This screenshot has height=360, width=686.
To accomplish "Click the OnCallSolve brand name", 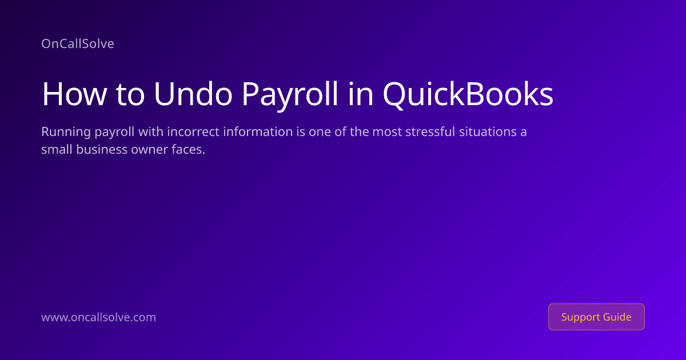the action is pyautogui.click(x=78, y=44).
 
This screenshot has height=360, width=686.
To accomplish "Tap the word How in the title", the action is pyautogui.click(x=74, y=94).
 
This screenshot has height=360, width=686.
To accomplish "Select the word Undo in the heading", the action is pyautogui.click(x=193, y=94).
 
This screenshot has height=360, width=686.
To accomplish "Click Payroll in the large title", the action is pyautogui.click(x=290, y=95).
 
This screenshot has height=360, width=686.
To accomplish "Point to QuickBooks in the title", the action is pyautogui.click(x=468, y=95).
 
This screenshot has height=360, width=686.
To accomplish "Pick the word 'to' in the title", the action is pyautogui.click(x=130, y=95).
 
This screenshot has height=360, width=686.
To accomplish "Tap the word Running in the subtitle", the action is pyautogui.click(x=66, y=132).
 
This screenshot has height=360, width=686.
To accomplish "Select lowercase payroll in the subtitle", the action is pyautogui.click(x=114, y=132).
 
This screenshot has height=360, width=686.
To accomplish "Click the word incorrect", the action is pyautogui.click(x=193, y=131).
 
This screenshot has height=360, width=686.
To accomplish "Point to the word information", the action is pyautogui.click(x=258, y=131).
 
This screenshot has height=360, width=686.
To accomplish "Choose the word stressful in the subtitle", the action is pyautogui.click(x=430, y=131).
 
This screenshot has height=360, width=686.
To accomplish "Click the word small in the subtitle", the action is pyautogui.click(x=57, y=149).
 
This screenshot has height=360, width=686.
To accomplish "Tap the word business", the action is pyautogui.click(x=102, y=149).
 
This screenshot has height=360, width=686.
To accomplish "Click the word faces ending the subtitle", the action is pyautogui.click(x=188, y=149).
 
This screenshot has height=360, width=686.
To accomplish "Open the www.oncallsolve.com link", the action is pyautogui.click(x=98, y=317).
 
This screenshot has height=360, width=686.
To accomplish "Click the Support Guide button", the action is pyautogui.click(x=596, y=317).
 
